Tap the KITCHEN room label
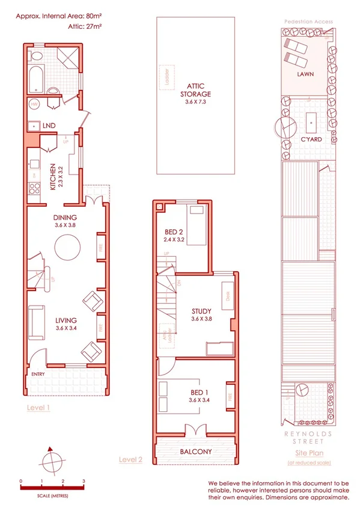(x=53, y=177)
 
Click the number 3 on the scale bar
(x=84, y=481)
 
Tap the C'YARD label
(x=311, y=139)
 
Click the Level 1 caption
(x=39, y=407)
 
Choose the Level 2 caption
(x=130, y=459)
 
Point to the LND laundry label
(x=49, y=126)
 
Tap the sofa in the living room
(x=35, y=322)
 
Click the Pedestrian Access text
(x=308, y=21)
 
